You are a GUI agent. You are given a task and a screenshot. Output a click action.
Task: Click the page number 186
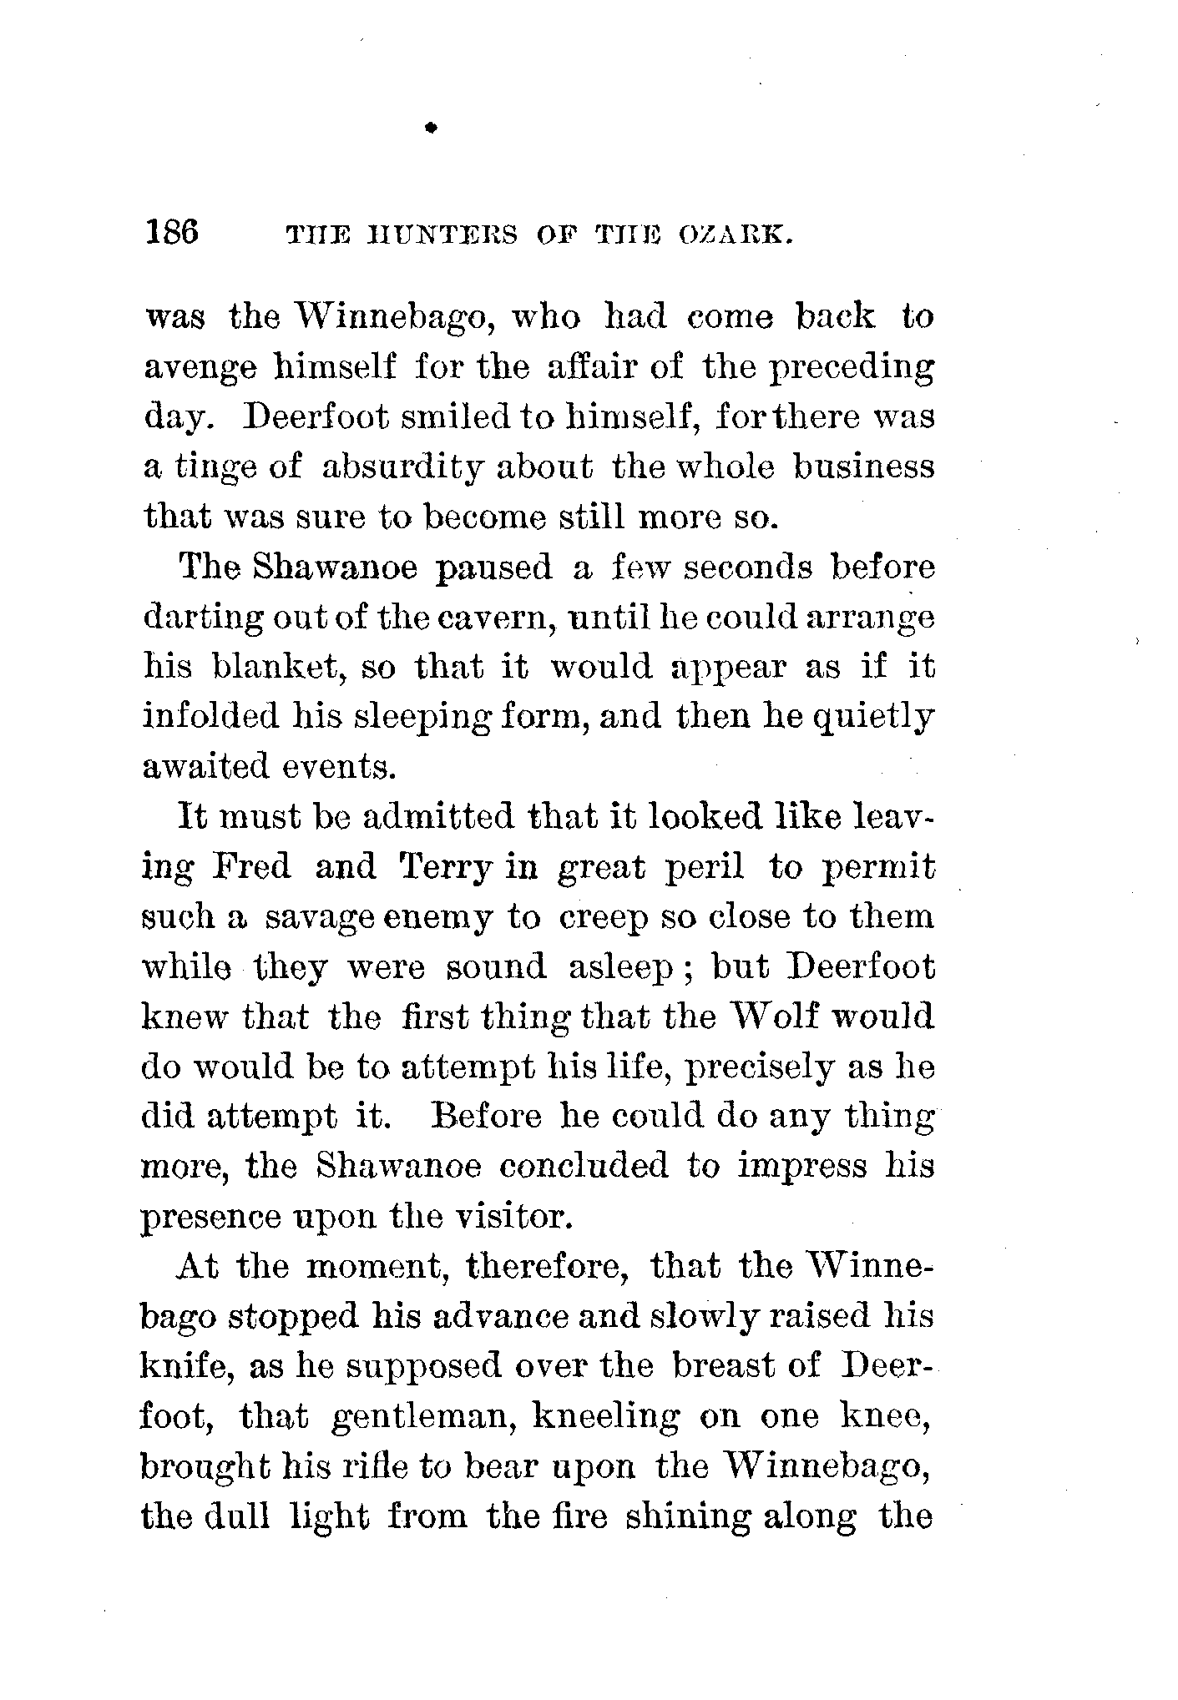click(x=172, y=230)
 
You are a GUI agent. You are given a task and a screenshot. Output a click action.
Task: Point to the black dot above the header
click(x=431, y=128)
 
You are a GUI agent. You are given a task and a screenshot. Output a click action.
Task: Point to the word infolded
click(x=210, y=717)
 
